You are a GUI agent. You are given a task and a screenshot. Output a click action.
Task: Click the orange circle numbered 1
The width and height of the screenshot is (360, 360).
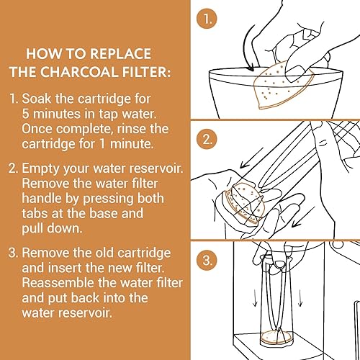pyautogui.click(x=207, y=19)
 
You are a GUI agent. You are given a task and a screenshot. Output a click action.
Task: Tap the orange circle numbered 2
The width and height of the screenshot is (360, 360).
pyautogui.click(x=207, y=139)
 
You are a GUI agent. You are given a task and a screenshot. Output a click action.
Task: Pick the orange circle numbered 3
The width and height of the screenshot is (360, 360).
pyautogui.click(x=207, y=260)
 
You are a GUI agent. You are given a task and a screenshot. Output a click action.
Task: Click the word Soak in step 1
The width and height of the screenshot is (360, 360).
pyautogui.click(x=37, y=99)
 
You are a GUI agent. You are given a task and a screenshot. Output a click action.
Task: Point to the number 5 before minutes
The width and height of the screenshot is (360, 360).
pyautogui.click(x=25, y=114)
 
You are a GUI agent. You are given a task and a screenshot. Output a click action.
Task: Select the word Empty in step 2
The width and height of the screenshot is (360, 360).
pyautogui.click(x=41, y=169)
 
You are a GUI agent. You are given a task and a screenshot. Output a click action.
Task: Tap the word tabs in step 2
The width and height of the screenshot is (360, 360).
pyautogui.click(x=35, y=213)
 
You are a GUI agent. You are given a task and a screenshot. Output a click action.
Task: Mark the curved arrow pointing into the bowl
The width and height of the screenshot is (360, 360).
pyautogui.click(x=247, y=48)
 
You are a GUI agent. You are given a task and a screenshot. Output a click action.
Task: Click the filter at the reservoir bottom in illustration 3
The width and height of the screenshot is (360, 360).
pyautogui.click(x=276, y=337)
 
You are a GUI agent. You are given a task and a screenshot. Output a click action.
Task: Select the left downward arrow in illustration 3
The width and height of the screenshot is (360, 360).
pyautogui.click(x=255, y=298)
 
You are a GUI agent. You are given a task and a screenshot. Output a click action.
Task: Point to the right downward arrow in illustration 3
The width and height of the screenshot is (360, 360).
pyautogui.click(x=300, y=298)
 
